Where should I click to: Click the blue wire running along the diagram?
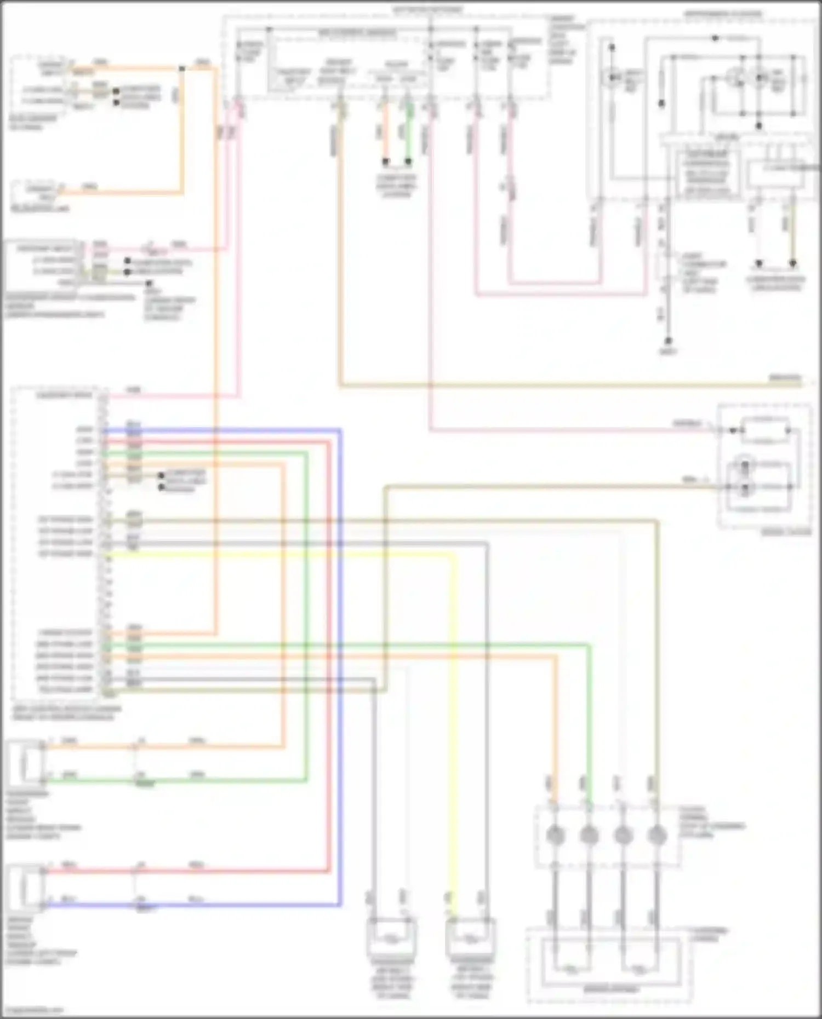tap(340, 657)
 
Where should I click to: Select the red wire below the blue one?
tap(329, 657)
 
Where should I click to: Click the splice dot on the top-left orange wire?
tap(182, 68)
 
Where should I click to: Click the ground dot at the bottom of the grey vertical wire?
tap(668, 340)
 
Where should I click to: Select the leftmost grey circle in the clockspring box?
tap(555, 836)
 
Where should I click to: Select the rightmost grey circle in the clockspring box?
tap(657, 836)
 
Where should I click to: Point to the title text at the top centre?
tap(427, 9)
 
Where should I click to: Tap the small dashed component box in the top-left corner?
tap(38, 82)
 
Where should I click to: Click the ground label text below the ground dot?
tap(669, 352)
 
